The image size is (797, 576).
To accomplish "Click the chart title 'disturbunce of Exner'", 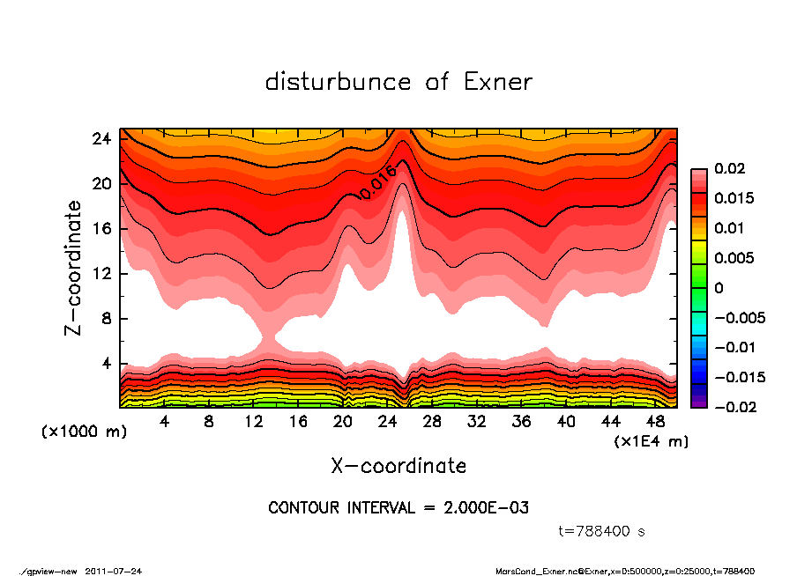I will click(x=398, y=82).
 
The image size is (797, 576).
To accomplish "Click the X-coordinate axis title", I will click(x=398, y=465).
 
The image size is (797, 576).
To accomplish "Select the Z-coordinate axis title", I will click(x=74, y=268).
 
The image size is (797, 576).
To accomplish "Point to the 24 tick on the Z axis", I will click(x=101, y=139).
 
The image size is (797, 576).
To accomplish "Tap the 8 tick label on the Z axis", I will click(x=106, y=318).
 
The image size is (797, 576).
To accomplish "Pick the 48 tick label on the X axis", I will click(x=656, y=422).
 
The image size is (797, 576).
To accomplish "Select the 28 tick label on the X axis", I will click(x=432, y=422).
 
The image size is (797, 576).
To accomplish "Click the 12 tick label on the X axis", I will click(x=253, y=422).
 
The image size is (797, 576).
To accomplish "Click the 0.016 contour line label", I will click(x=376, y=182).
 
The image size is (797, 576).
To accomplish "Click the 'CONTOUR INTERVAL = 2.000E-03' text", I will click(x=398, y=508).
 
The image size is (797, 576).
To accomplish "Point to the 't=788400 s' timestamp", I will click(x=602, y=531).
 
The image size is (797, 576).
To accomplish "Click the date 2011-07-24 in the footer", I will click(x=113, y=571).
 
